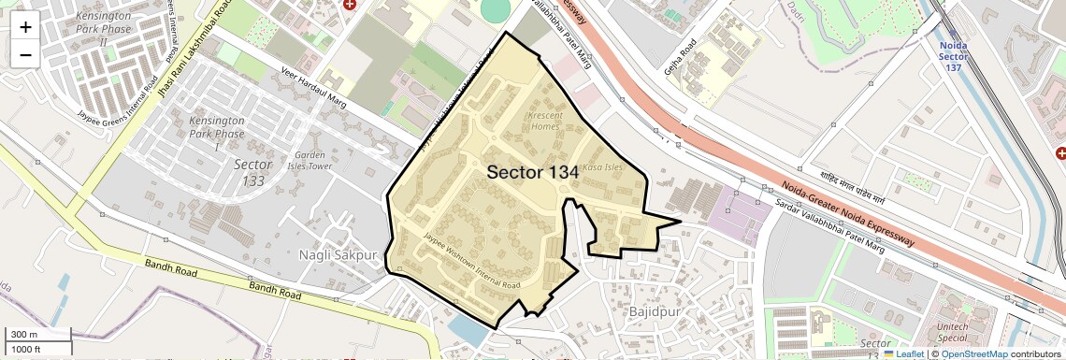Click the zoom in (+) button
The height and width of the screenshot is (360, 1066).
25,27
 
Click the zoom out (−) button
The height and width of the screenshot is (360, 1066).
25,55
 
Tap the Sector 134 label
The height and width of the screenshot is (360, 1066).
532,172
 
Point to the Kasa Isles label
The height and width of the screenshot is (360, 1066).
601,167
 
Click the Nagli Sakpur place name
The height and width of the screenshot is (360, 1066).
338,254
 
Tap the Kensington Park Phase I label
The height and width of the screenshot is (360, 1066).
216,133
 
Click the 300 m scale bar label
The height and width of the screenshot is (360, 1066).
24,335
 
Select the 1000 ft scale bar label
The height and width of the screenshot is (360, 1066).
28,349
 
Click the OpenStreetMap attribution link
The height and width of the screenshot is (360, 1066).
973,354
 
